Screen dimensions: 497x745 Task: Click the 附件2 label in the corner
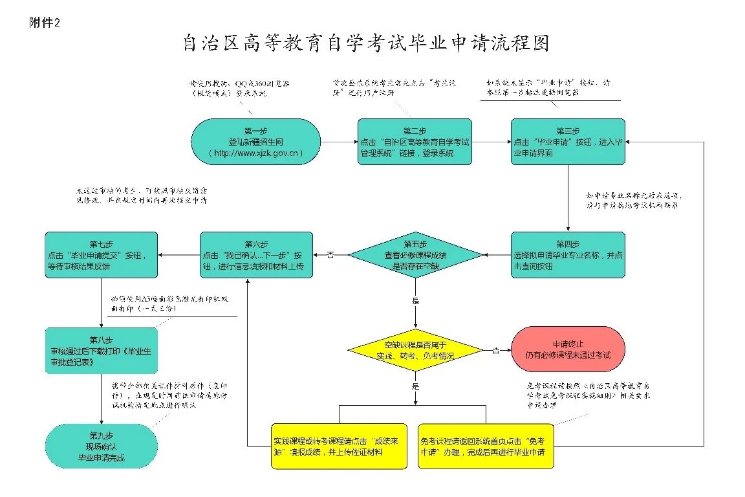click(45, 23)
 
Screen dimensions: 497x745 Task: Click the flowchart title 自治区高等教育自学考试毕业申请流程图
click(366, 43)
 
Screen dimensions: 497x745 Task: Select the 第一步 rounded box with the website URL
click(256, 141)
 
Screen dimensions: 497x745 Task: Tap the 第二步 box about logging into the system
click(415, 141)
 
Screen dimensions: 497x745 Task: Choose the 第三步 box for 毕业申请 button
click(568, 141)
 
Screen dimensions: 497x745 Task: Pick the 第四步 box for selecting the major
click(568, 255)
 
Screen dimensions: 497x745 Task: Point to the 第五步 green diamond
click(415, 255)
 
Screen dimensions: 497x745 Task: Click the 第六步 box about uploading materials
click(256, 255)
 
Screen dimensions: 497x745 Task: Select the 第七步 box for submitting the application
click(101, 255)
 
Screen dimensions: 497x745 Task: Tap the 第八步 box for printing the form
click(101, 351)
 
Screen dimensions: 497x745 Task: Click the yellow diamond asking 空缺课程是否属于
click(415, 350)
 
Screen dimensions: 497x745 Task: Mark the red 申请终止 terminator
click(568, 349)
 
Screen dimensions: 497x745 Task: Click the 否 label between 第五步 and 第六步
click(330, 256)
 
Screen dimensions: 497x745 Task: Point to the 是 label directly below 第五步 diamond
click(415, 301)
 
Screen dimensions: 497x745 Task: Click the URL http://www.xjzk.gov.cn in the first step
click(256, 153)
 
